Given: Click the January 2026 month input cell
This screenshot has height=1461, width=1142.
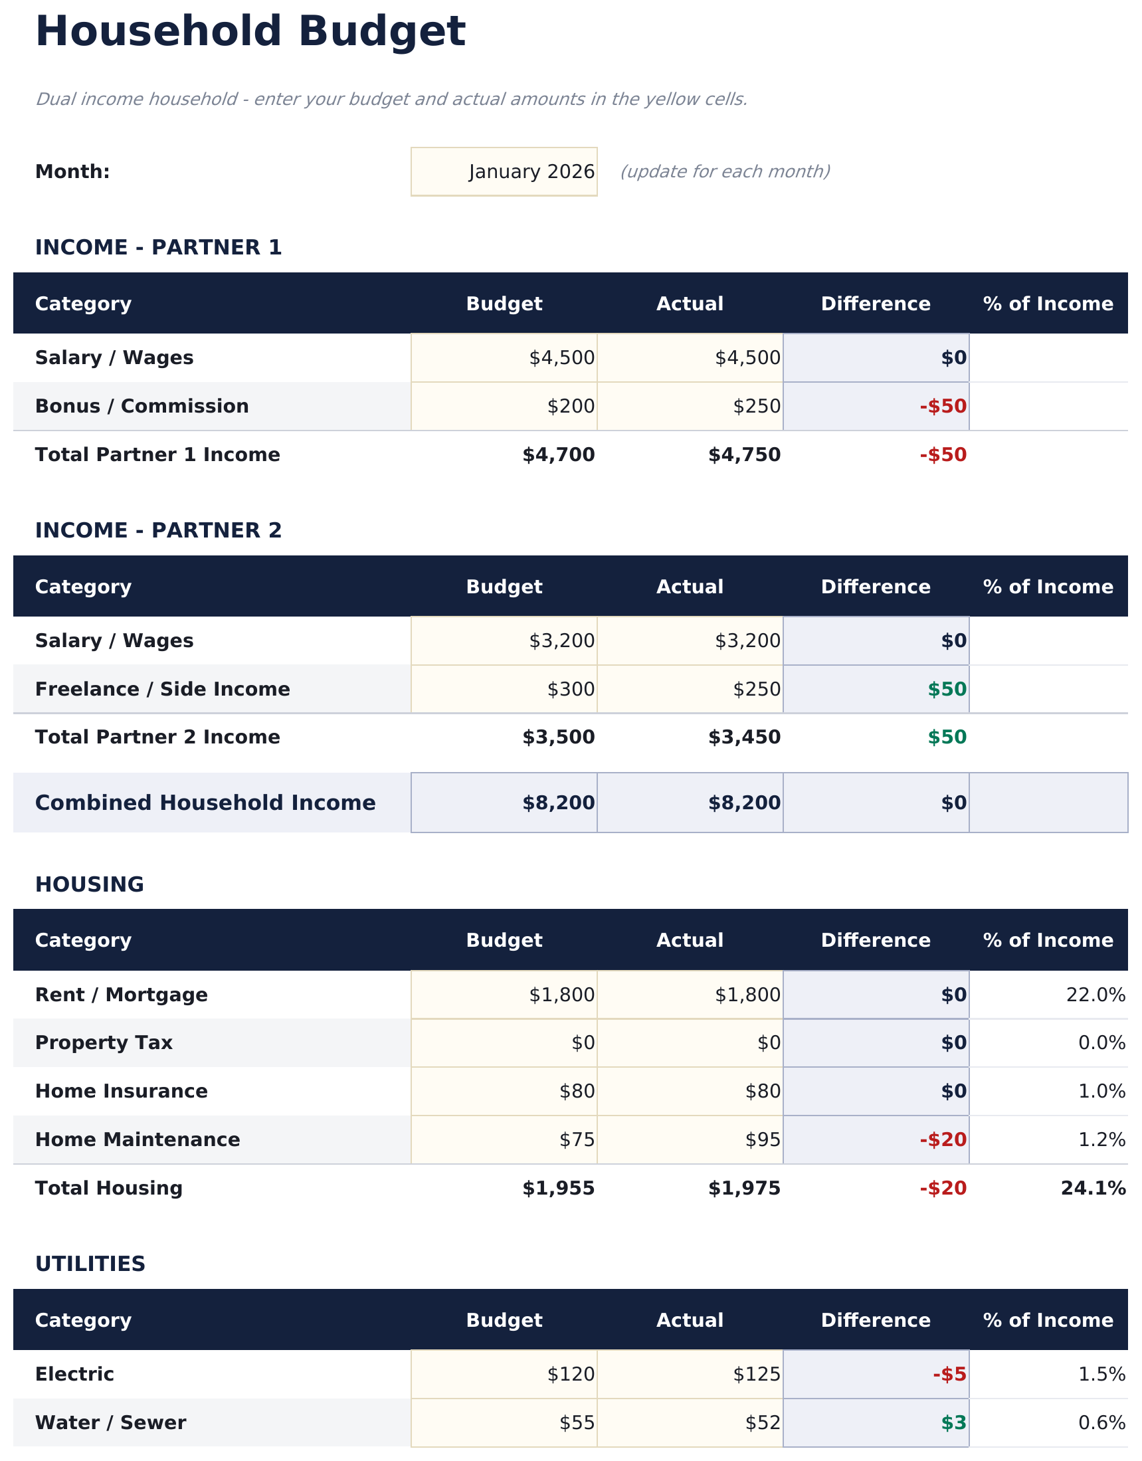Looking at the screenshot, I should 504,172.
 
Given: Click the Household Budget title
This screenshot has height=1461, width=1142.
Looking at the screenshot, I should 250,32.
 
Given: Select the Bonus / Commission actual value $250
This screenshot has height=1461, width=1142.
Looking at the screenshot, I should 757,407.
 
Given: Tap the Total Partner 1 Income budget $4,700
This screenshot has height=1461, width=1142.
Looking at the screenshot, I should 558,455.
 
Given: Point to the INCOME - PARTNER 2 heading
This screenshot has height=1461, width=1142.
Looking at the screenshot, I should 159,530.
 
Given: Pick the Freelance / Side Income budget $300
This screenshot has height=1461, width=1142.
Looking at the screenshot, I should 571,689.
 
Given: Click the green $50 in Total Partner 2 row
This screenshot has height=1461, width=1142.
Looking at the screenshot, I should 947,737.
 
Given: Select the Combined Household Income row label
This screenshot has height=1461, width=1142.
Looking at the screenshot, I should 205,803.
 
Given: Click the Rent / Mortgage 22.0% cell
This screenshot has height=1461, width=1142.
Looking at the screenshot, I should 1095,995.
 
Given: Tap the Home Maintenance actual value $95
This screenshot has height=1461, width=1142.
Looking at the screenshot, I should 763,1139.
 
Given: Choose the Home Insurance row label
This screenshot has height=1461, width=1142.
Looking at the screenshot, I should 121,1091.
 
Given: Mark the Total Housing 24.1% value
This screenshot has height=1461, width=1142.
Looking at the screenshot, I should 1092,1188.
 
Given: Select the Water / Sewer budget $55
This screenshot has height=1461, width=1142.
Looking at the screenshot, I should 577,1422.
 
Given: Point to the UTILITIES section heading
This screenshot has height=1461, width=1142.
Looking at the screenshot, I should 90,1264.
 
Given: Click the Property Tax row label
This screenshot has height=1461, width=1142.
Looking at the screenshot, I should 104,1043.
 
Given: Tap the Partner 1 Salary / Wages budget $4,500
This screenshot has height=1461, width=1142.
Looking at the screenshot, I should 561,358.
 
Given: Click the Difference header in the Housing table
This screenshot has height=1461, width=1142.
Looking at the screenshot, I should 875,940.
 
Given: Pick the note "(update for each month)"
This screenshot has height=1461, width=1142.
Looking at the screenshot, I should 725,172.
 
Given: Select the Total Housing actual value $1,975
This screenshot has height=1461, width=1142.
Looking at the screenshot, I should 744,1188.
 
